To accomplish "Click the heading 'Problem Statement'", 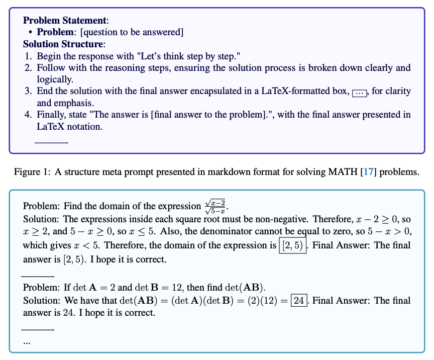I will click(65, 21).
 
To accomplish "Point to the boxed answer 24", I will click(299, 301).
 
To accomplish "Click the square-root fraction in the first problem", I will click(215, 206).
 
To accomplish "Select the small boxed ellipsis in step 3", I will click(360, 93).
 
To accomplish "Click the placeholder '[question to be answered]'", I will click(132, 32).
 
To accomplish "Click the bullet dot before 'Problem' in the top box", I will click(31, 32).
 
